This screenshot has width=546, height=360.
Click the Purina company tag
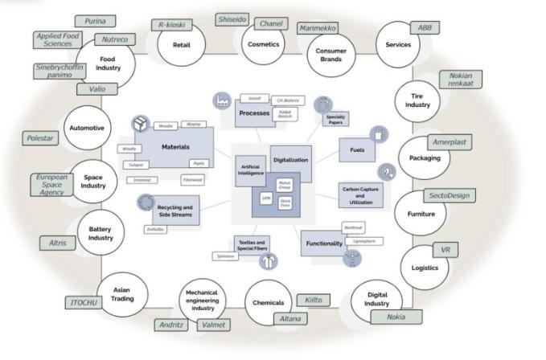tap(95, 21)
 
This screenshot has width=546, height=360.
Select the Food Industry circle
tap(107, 63)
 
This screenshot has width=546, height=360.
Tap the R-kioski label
tap(172, 25)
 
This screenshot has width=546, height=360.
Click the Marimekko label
tap(319, 28)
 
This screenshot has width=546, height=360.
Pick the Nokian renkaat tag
tap(460, 80)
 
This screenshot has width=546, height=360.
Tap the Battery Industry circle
tap(101, 233)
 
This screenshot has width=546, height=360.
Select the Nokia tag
tap(396, 317)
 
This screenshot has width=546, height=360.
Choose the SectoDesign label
tap(449, 196)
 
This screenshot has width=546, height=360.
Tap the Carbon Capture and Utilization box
tap(360, 194)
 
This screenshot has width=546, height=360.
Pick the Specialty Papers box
tap(335, 120)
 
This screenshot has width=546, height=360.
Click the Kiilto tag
tap(313, 300)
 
